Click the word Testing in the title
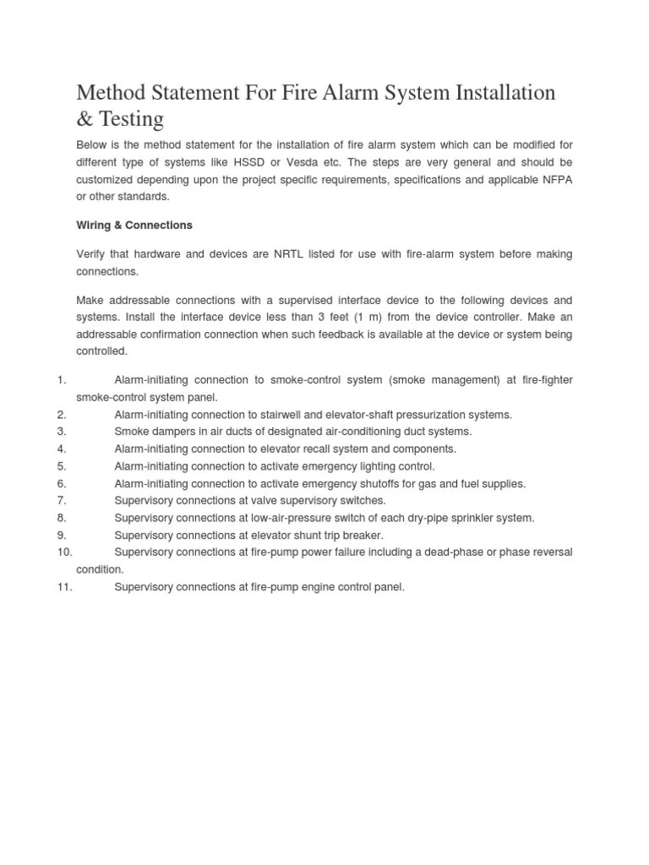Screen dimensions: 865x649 [128, 119]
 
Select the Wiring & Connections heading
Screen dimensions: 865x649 [134, 226]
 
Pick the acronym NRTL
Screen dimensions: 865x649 [292, 254]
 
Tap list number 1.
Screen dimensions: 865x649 [62, 381]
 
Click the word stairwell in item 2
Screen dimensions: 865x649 [297, 415]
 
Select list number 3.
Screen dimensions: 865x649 [62, 432]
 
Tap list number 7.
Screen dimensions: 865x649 [62, 500]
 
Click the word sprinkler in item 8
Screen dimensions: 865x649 [467, 518]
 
